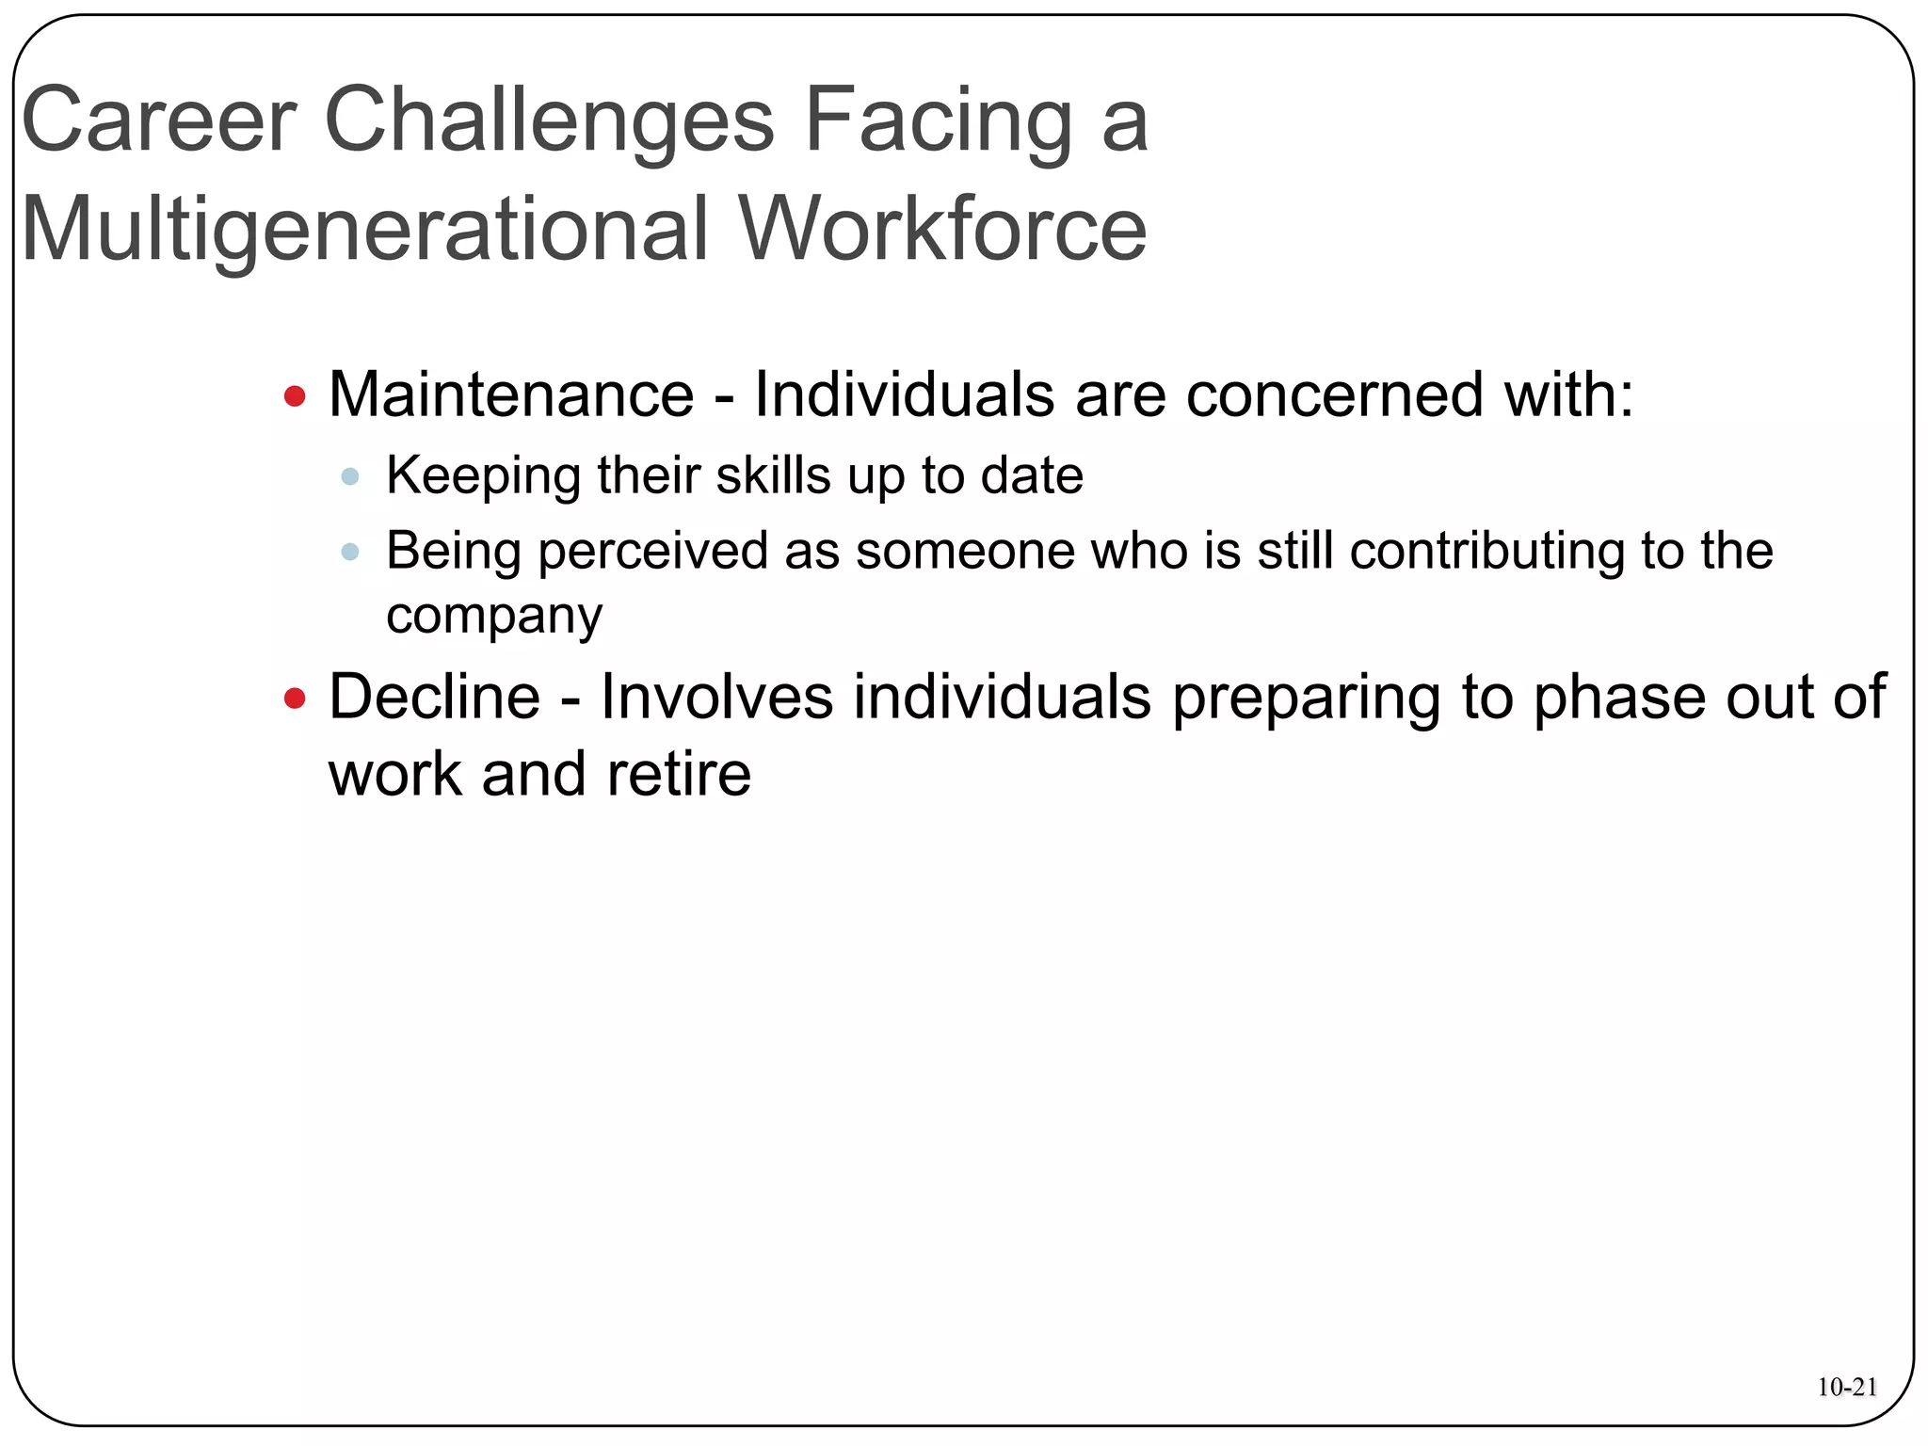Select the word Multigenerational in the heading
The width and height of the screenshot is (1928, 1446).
363,230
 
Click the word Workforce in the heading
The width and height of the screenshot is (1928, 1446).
942,230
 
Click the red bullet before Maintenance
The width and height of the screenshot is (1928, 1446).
295,396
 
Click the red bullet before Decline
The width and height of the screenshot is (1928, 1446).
295,699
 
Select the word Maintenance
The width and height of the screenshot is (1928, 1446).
511,394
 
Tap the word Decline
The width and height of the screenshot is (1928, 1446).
434,698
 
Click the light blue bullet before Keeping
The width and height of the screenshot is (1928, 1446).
350,476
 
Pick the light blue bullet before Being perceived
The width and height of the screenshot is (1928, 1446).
350,552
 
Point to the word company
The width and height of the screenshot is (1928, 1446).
493,617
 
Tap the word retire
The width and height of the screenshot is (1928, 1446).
679,774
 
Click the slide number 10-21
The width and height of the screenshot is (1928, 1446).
1847,1388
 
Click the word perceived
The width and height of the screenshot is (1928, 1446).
652,552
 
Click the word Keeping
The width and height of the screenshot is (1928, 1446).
483,475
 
